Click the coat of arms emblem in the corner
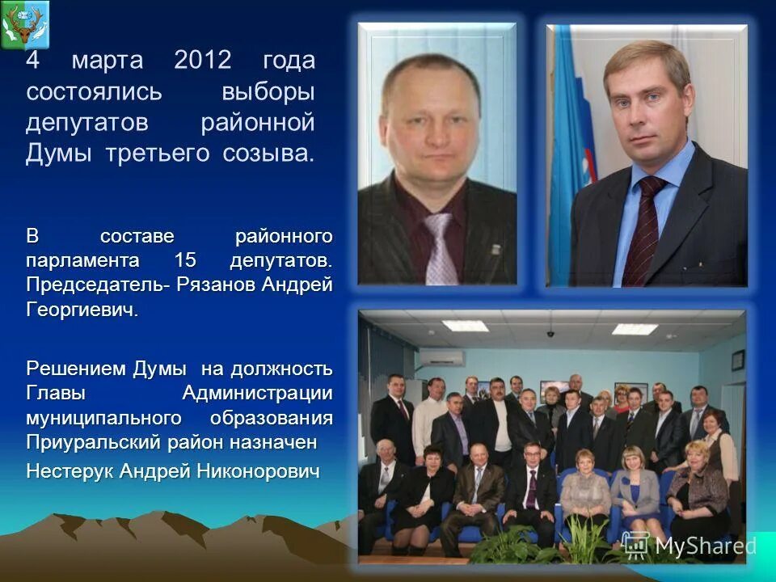[x=25, y=24]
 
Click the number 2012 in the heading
[x=201, y=61]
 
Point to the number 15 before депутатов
[x=186, y=261]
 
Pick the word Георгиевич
[x=82, y=310]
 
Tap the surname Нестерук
[x=70, y=471]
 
